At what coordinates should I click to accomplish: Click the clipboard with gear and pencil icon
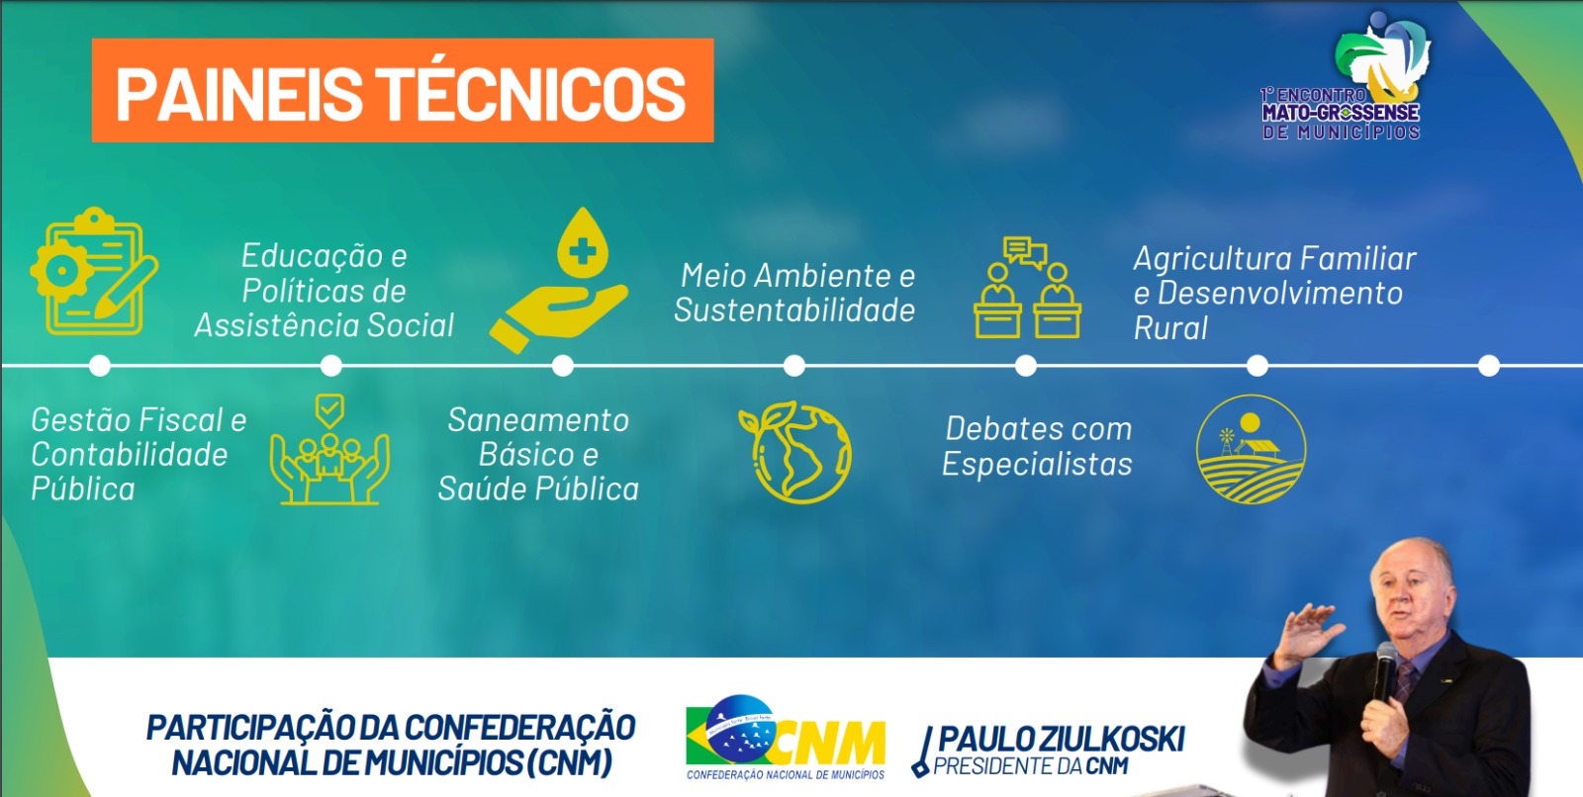point(93,271)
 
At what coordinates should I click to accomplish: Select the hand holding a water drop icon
point(559,280)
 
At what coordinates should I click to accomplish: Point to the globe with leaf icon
point(795,452)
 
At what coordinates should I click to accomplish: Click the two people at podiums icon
point(1027,288)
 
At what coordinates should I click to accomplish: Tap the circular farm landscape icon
point(1251,449)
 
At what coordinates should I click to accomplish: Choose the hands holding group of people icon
point(329,449)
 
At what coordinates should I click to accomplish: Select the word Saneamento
point(538,420)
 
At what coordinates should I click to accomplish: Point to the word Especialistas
point(1037,464)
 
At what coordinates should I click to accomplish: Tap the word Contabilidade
point(130,454)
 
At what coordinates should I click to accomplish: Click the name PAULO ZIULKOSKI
point(1061,740)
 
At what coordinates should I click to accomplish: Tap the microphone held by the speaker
point(1384,672)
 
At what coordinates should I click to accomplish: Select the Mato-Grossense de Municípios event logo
point(1342,76)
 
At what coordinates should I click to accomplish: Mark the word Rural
point(1170,328)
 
